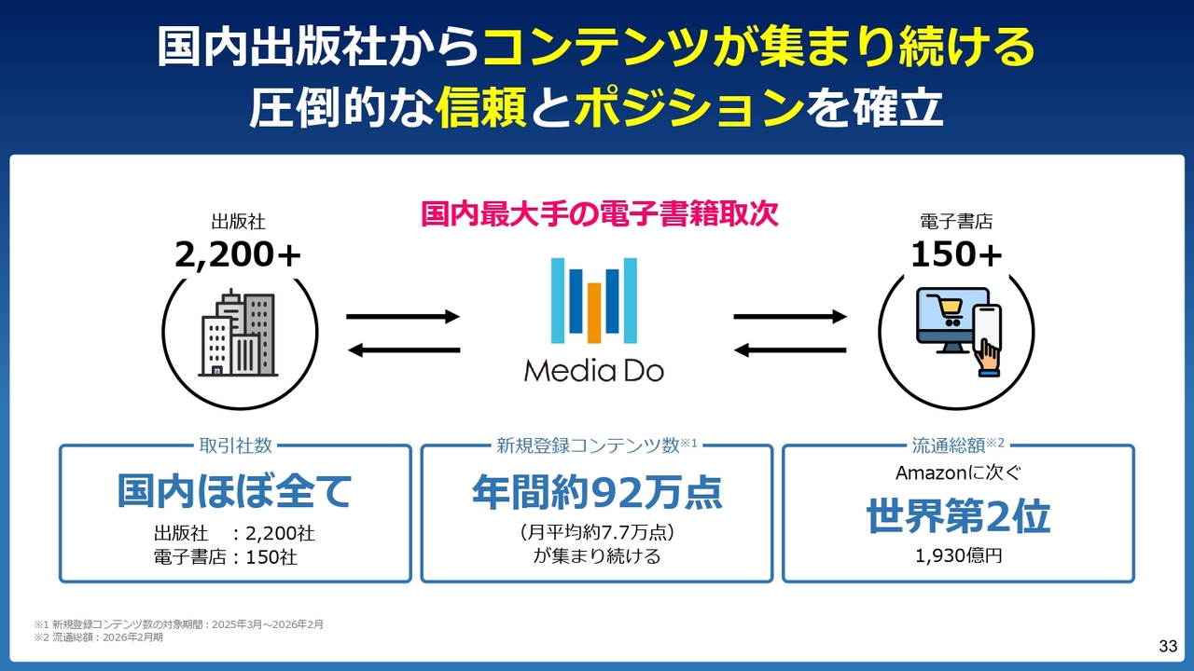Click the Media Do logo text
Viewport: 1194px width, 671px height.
point(593,370)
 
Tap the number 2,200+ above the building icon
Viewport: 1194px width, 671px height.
point(239,253)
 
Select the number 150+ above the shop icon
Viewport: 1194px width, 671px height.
point(956,253)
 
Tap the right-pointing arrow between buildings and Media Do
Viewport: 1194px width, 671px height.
point(403,317)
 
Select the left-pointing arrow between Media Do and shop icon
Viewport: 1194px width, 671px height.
point(790,350)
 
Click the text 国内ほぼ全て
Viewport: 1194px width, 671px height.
point(235,491)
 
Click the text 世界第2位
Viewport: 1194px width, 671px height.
point(958,516)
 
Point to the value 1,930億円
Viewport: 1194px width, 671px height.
point(958,556)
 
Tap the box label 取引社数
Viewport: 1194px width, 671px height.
point(235,445)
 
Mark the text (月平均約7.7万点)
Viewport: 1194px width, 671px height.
point(597,533)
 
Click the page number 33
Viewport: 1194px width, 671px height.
point(1168,646)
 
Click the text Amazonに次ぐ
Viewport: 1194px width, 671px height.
point(958,472)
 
